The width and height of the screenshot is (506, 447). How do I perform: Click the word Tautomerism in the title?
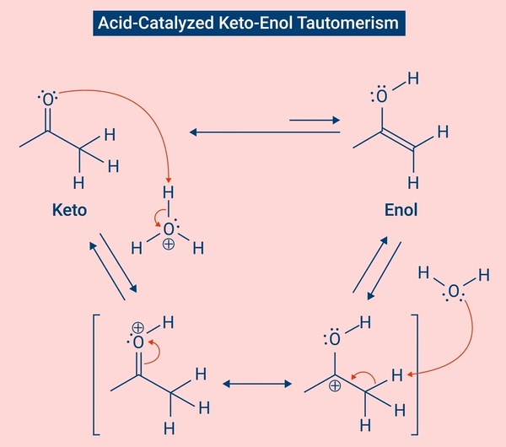[x=347, y=24]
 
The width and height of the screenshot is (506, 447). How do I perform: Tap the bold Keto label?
[x=69, y=210]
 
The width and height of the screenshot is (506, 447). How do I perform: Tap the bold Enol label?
[x=401, y=210]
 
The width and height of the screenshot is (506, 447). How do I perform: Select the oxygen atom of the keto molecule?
[x=48, y=99]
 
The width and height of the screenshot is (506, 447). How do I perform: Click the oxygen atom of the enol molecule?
[x=382, y=96]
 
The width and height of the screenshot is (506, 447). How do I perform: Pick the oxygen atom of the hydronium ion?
[x=169, y=229]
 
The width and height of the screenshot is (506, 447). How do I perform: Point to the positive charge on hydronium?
[x=169, y=244]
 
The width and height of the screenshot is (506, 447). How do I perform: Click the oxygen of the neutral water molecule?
[x=454, y=291]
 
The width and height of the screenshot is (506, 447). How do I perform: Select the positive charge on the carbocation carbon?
[x=335, y=385]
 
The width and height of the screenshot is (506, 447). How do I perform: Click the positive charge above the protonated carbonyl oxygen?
[x=137, y=327]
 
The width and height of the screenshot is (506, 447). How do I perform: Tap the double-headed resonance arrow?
[x=257, y=384]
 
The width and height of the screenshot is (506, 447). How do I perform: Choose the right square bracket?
[x=417, y=374]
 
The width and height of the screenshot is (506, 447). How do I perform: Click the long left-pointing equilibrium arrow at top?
[x=265, y=132]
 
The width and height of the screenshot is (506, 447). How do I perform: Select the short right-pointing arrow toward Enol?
[x=315, y=120]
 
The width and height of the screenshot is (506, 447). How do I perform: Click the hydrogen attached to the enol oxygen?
[x=413, y=78]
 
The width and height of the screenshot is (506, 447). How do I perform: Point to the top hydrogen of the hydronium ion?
[x=168, y=192]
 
